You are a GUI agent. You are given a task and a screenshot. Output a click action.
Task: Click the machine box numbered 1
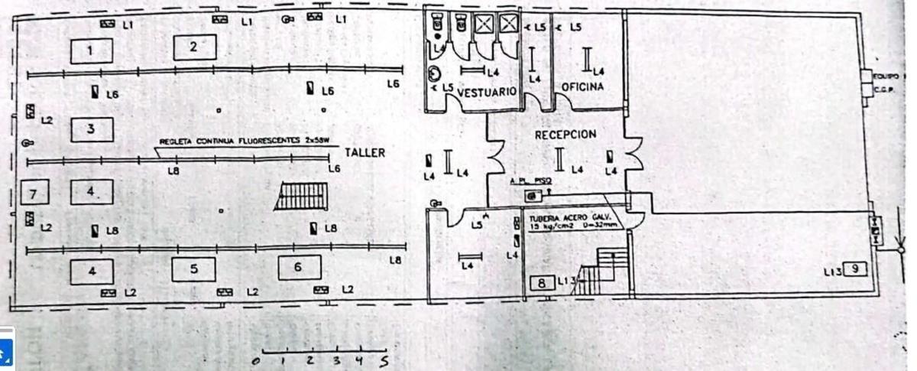pos(91,51)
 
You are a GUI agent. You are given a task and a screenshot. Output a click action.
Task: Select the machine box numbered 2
pos(194,47)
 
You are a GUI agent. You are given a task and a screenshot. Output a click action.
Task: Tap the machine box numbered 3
pos(91,129)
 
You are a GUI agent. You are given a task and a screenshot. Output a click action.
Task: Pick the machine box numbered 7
pos(34,191)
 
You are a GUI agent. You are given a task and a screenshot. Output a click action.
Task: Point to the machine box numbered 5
pos(193,269)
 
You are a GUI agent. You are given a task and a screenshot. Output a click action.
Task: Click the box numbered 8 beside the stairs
pos(542,283)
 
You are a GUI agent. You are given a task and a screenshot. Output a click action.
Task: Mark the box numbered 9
pos(857,269)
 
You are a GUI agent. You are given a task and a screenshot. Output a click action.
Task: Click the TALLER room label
pos(365,153)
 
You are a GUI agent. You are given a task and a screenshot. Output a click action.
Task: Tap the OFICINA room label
pos(583,87)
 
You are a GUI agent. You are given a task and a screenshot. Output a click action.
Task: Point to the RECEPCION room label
pos(565,135)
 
